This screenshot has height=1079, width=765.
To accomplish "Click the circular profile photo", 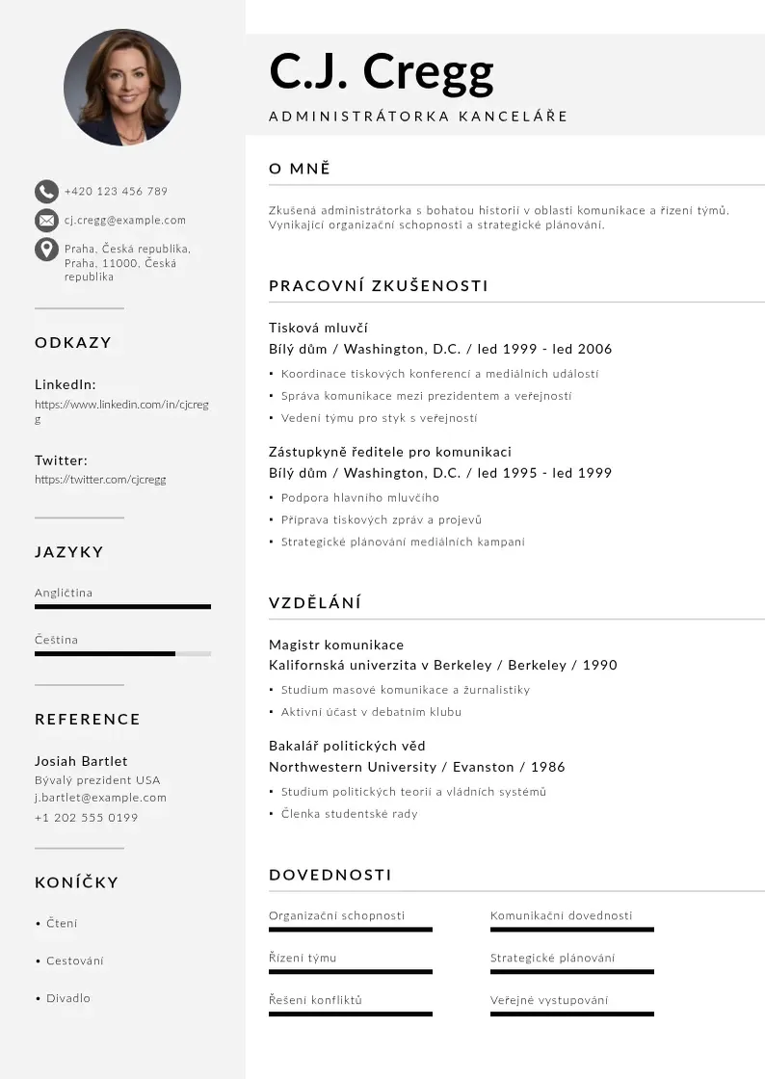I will coord(122,87).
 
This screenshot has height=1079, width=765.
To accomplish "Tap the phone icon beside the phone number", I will coord(46,191).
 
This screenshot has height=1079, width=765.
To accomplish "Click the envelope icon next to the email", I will coord(46,221).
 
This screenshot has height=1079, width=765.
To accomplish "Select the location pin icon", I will coord(46,250).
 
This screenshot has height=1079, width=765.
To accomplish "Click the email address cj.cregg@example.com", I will coord(125,221).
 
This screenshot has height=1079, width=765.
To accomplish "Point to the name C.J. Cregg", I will coord(382,70).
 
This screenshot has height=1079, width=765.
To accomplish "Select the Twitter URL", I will coord(100,480).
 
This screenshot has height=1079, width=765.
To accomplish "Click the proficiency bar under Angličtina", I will coord(122,607).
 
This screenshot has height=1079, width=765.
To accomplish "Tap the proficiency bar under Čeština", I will coord(122,653).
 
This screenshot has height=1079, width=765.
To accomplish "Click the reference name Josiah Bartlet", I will coord(81,761).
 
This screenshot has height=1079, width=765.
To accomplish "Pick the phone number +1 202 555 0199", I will coord(86,818).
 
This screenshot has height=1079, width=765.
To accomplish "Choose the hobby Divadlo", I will coord(68,998).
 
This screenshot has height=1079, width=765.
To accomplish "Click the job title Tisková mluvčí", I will coord(318,328).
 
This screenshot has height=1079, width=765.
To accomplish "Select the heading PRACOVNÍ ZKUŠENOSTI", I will coord(379,286).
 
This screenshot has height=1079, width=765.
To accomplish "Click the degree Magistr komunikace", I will coord(336,645).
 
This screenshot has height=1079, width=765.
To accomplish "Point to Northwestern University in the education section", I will coord(352,767).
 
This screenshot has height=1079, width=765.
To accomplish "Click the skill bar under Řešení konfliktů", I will coord(351,1013).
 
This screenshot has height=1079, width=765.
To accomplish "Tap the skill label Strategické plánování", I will coord(552,959).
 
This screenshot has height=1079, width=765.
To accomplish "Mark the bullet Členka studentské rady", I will coord(350,814).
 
